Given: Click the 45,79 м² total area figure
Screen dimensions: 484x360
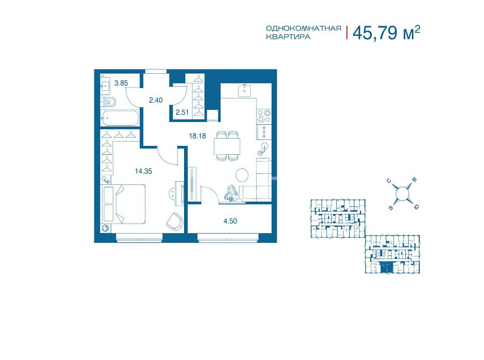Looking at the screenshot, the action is click(x=386, y=32).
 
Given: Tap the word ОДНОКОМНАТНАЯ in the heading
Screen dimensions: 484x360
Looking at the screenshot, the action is click(x=304, y=29).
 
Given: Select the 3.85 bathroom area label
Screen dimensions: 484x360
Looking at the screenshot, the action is click(x=121, y=83).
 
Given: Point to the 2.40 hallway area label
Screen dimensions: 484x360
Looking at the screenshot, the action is click(x=155, y=100).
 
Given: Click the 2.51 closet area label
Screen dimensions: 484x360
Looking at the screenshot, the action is click(x=182, y=112).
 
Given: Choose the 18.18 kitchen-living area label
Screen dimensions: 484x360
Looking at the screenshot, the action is click(x=198, y=135).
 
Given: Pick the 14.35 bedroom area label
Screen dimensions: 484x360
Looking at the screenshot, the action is click(x=143, y=171).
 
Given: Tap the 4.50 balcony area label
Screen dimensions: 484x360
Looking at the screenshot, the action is click(x=230, y=221).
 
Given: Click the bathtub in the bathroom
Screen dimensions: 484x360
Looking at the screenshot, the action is click(x=119, y=118).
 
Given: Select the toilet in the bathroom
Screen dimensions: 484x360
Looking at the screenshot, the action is click(x=109, y=102).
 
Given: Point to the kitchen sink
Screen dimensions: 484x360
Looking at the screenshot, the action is click(x=246, y=90).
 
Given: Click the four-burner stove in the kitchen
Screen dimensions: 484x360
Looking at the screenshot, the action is click(x=264, y=116).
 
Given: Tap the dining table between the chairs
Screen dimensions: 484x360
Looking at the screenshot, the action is click(x=227, y=146).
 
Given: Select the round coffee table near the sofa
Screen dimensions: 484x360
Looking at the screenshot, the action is click(x=242, y=175).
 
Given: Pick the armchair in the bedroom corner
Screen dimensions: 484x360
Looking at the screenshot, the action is click(x=174, y=221).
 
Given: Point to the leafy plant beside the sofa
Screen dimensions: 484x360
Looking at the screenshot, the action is click(x=232, y=193).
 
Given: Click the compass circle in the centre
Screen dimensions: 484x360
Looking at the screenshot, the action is click(x=402, y=194).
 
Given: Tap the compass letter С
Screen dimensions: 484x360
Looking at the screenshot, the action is click(x=390, y=181).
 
